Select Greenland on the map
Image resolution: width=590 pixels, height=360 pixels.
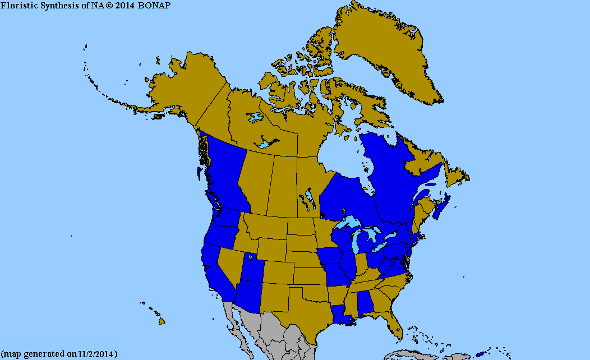pyautogui.click(x=381, y=50)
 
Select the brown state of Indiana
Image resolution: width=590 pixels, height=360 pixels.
pyautogui.click(x=362, y=262)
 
